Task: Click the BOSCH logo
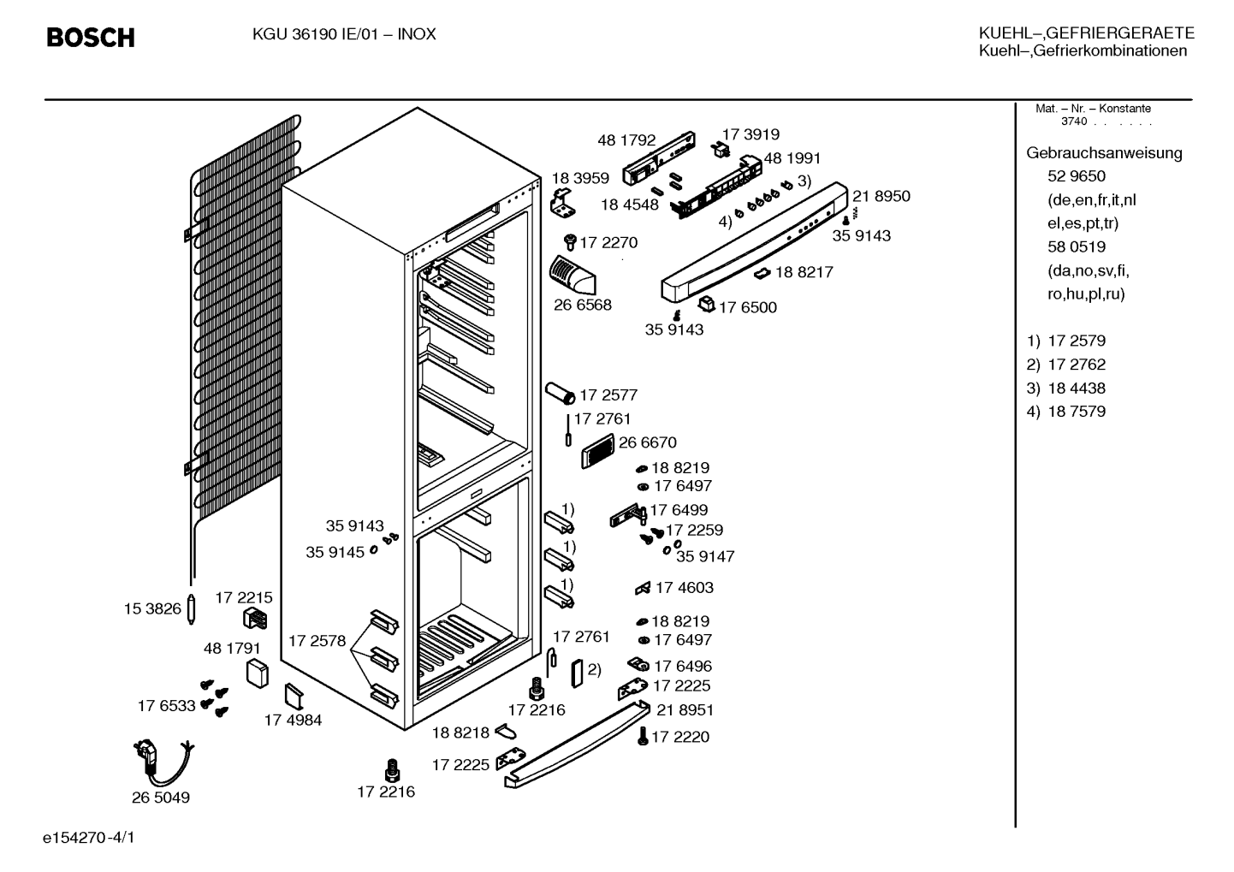pyautogui.click(x=91, y=38)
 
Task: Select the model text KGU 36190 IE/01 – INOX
pyautogui.click(x=344, y=34)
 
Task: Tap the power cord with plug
pyautogui.click(x=163, y=762)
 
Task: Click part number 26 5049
pyautogui.click(x=160, y=797)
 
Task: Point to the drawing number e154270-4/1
pyautogui.click(x=89, y=838)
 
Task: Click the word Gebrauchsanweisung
pyautogui.click(x=1104, y=153)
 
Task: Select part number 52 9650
pyautogui.click(x=1076, y=175)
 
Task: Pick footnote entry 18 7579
pyautogui.click(x=1076, y=412)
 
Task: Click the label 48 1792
pyautogui.click(x=626, y=140)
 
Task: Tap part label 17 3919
pyautogui.click(x=750, y=134)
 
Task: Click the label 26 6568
pyautogui.click(x=582, y=305)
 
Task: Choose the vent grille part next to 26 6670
pyautogui.click(x=597, y=451)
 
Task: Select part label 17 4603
pyautogui.click(x=685, y=588)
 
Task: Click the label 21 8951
pyautogui.click(x=685, y=710)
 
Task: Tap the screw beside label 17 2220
pyautogui.click(x=643, y=736)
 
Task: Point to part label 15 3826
pyautogui.click(x=152, y=608)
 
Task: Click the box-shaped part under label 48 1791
pyautogui.click(x=257, y=673)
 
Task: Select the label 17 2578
pyautogui.click(x=317, y=641)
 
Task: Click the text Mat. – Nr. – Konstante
pyautogui.click(x=1093, y=109)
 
